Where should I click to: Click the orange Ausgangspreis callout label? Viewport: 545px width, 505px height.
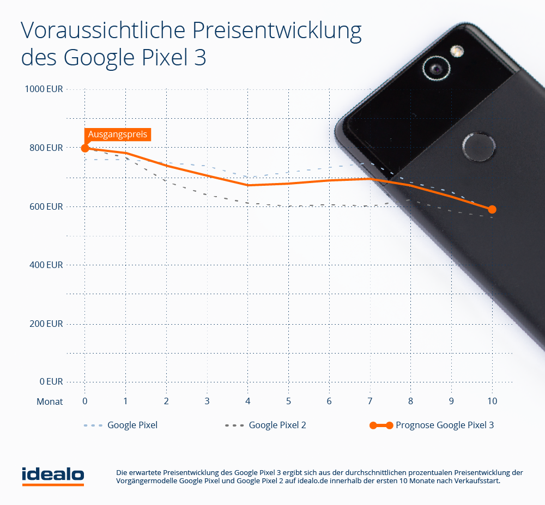coord(117,134)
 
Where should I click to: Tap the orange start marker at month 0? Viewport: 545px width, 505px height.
coord(85,148)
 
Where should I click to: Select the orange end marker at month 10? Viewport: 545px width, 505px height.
coord(492,209)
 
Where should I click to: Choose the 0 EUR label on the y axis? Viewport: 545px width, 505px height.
coord(51,381)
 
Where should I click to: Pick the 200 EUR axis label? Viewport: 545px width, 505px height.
coord(47,324)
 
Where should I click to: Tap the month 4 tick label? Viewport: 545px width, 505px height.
coord(247,401)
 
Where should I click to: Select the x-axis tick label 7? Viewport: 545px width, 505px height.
coord(370,401)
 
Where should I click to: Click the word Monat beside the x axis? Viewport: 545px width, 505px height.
coord(50,401)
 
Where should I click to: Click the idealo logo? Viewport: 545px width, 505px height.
coord(52,475)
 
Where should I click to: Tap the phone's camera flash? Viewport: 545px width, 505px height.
coord(457,51)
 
